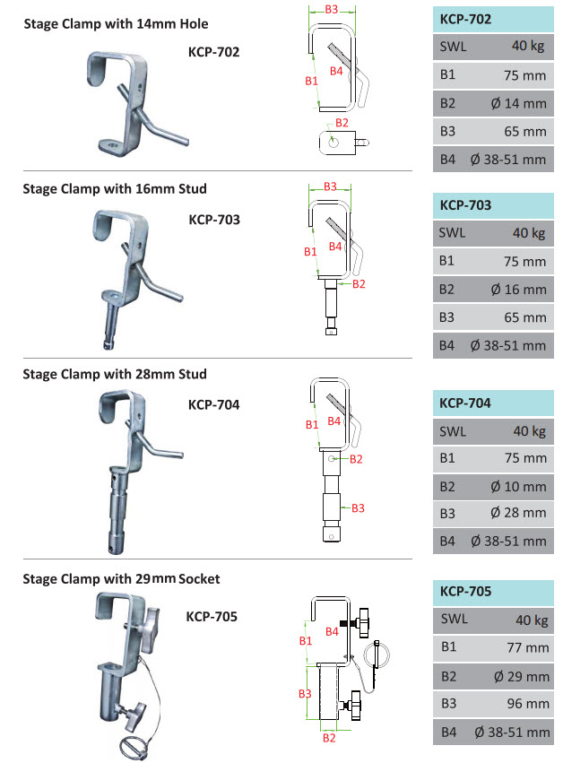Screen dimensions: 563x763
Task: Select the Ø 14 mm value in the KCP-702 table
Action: pyautogui.click(x=518, y=103)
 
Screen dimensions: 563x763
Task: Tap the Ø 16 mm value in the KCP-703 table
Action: pyautogui.click(x=518, y=290)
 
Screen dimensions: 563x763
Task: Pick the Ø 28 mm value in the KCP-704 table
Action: pyautogui.click(x=518, y=512)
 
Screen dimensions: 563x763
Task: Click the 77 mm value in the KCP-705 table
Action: pyautogui.click(x=528, y=647)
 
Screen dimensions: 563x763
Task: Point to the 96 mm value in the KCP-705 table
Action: pyautogui.click(x=528, y=704)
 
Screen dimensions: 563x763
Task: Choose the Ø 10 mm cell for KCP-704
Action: pyautogui.click(x=518, y=487)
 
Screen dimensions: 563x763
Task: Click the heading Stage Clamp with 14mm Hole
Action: pyautogui.click(x=116, y=24)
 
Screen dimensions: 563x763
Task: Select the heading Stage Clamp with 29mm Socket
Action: pyautogui.click(x=121, y=579)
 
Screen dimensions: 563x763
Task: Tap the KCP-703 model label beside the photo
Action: pyautogui.click(x=214, y=220)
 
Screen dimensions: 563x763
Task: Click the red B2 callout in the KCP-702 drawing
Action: pyautogui.click(x=342, y=123)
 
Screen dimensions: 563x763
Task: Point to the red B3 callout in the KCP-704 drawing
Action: pyautogui.click(x=358, y=508)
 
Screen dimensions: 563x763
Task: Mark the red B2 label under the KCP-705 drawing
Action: pyautogui.click(x=329, y=738)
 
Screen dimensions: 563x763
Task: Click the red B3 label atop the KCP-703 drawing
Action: pyautogui.click(x=330, y=186)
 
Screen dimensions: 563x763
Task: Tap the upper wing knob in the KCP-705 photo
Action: pyautogui.click(x=150, y=629)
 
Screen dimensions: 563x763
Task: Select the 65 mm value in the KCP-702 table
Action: pyautogui.click(x=525, y=132)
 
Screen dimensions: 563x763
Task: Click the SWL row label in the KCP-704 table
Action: pyautogui.click(x=453, y=431)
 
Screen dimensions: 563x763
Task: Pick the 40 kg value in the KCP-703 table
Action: pyautogui.click(x=529, y=233)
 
